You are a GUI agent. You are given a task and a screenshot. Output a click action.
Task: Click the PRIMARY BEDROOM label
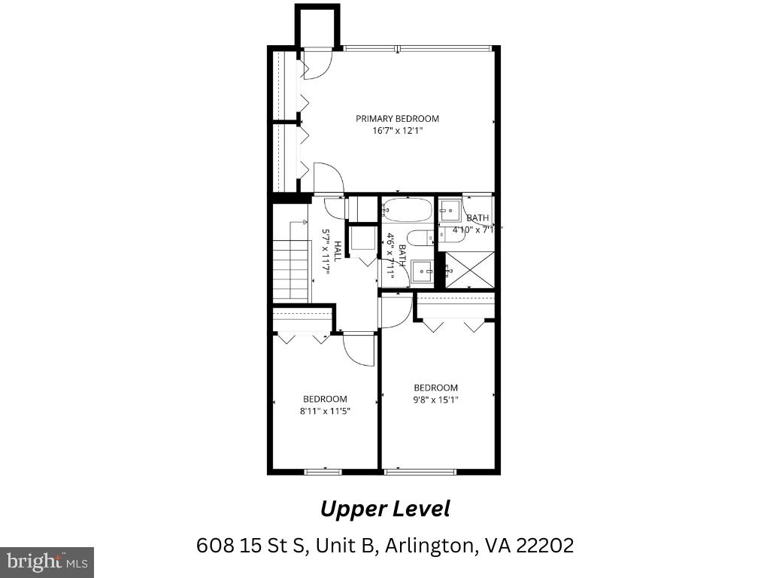click(397, 118)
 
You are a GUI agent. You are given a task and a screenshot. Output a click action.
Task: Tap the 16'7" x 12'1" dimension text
click(397, 130)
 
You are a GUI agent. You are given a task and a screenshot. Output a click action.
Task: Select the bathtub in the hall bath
click(406, 208)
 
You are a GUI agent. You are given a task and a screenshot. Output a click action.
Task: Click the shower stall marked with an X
click(469, 269)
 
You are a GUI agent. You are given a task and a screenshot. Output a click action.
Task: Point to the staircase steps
click(291, 269)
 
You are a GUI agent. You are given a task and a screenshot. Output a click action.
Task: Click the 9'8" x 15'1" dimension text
click(435, 400)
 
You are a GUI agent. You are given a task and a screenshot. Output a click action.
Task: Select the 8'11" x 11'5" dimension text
click(325, 411)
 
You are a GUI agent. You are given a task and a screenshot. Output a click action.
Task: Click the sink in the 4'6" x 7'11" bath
click(422, 269)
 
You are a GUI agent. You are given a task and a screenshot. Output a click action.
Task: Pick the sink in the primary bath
click(450, 208)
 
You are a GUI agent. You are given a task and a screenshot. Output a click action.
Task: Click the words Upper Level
click(385, 509)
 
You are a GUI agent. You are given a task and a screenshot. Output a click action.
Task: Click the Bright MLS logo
click(47, 561)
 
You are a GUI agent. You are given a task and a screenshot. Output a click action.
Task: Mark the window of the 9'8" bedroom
click(420, 472)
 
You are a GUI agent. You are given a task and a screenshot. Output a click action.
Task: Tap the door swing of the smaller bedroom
click(359, 350)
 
